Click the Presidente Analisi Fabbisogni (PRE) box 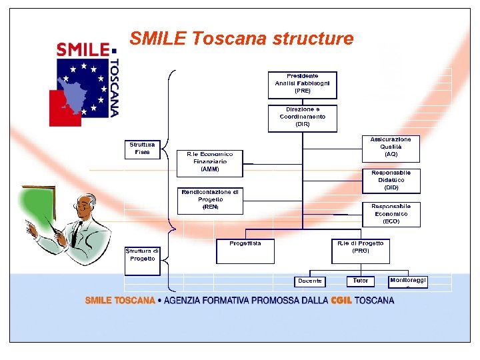(x=302, y=84)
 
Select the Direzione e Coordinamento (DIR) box (x=302, y=117)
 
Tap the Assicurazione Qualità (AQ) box (x=391, y=147)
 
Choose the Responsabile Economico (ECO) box (x=391, y=214)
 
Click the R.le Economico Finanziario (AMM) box (x=209, y=162)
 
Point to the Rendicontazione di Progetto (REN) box (x=209, y=200)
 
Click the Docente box (x=310, y=281)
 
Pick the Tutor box (x=360, y=281)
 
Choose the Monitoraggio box (x=408, y=281)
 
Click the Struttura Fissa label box (x=142, y=149)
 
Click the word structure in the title (x=313, y=39)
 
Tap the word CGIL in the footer (x=341, y=301)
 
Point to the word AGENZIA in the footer (x=185, y=301)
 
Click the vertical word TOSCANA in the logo (x=114, y=87)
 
